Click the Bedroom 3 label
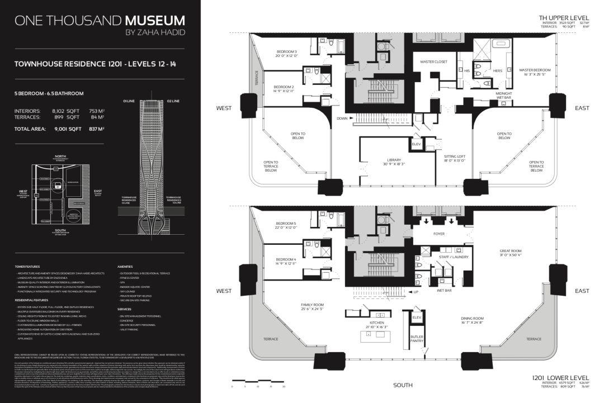[x=286, y=54]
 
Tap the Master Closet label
[x=433, y=61]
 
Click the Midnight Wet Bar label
[x=504, y=95]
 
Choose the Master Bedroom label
[x=535, y=72]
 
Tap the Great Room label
[x=510, y=253]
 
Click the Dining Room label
[x=472, y=320]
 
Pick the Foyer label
[x=438, y=234]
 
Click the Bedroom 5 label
[x=286, y=225]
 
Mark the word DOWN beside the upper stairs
[x=342, y=118]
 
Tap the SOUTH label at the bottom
[x=403, y=385]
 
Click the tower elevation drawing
[x=151, y=168]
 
